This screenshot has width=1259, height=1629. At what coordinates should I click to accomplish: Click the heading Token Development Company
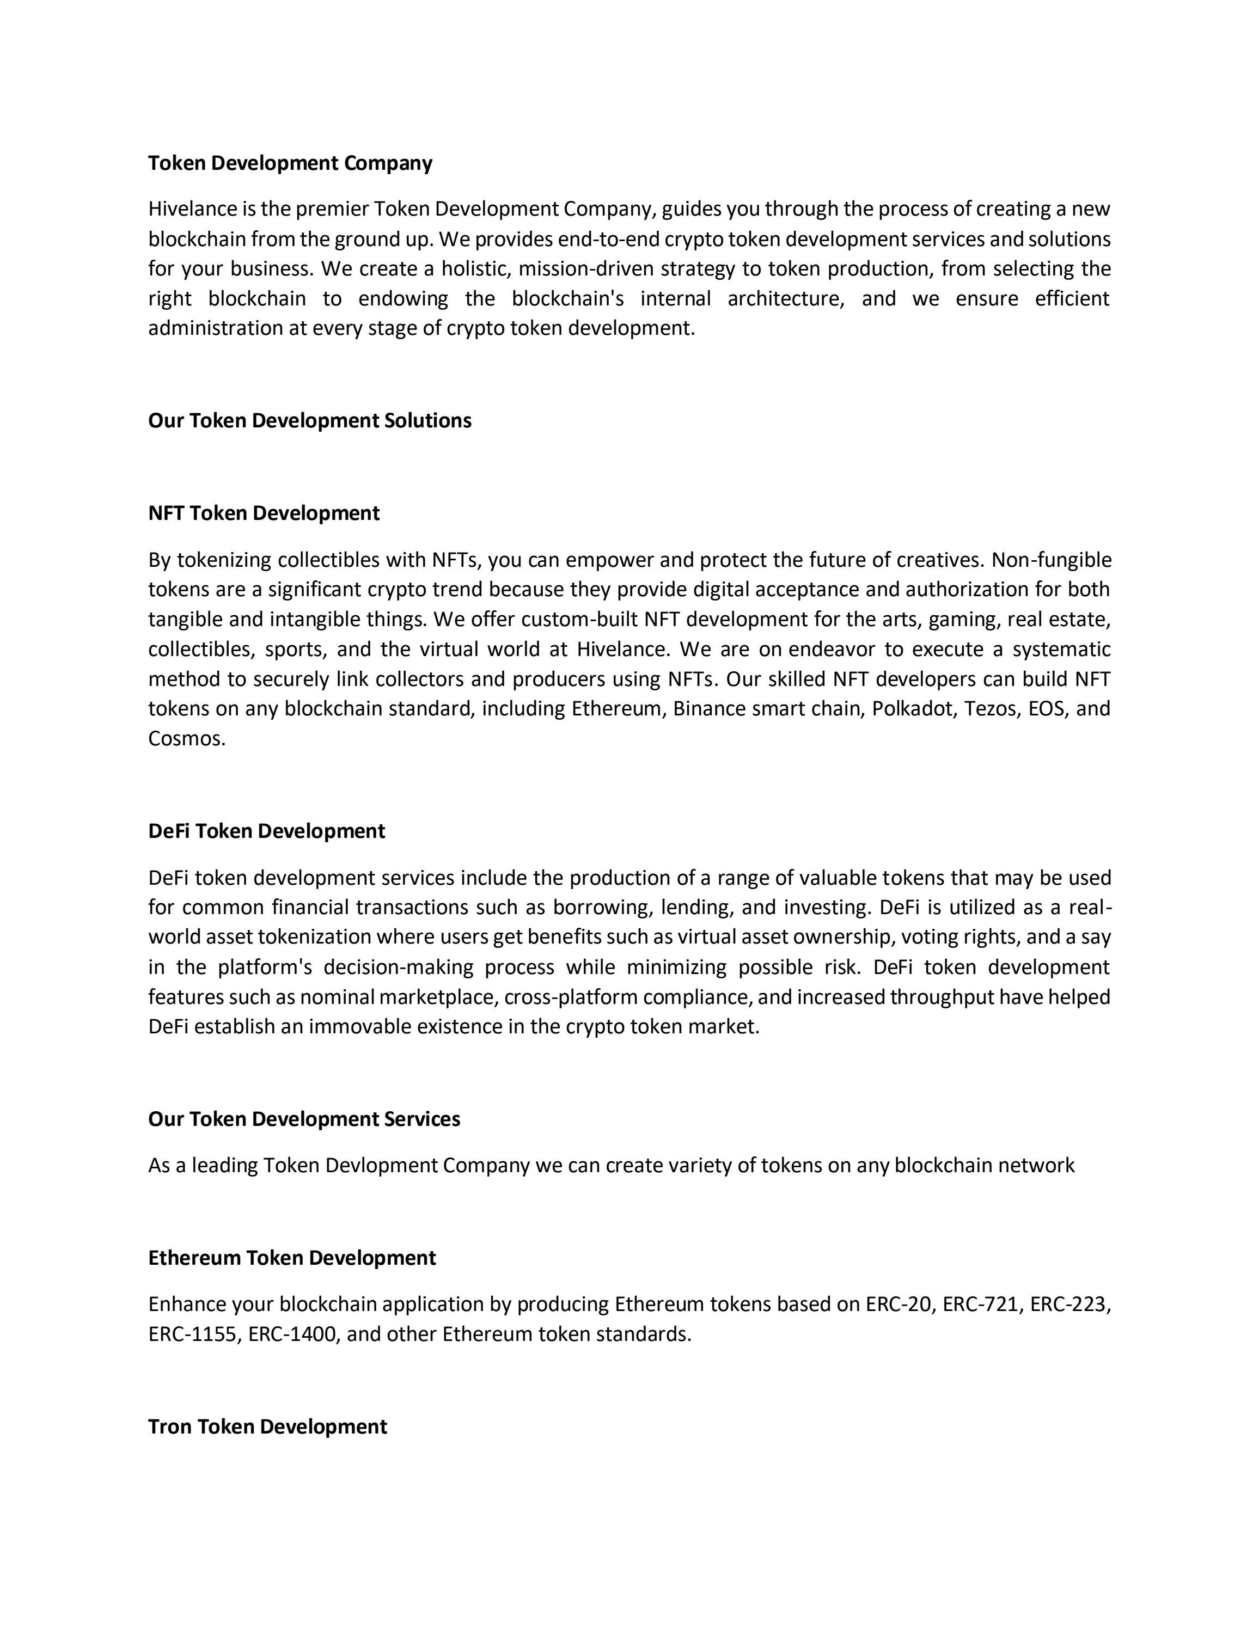coord(290,163)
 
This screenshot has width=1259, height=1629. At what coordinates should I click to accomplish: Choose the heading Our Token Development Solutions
coord(309,421)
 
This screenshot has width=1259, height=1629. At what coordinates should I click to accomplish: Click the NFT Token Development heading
coord(264,513)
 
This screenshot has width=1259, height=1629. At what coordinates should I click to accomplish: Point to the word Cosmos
coord(185,738)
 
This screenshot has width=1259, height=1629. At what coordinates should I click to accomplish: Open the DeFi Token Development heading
coord(266,831)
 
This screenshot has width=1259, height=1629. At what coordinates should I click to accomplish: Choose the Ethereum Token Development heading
coord(292,1258)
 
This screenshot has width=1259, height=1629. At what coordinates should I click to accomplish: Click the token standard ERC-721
coord(982,1304)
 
